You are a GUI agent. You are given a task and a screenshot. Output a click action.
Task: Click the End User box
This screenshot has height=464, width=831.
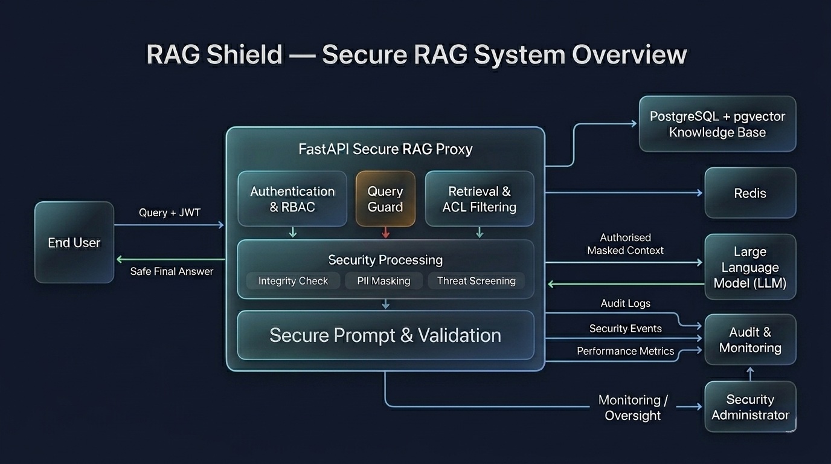74,242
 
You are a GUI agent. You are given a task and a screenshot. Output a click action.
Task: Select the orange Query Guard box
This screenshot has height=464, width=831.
385,199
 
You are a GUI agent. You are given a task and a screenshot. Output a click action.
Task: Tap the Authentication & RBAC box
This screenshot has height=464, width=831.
292,199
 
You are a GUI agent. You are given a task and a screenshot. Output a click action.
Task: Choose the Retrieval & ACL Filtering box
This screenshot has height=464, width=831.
480,199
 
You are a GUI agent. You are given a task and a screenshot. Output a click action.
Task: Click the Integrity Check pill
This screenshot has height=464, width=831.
293,281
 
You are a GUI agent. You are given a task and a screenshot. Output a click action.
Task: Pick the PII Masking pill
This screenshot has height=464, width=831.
383,281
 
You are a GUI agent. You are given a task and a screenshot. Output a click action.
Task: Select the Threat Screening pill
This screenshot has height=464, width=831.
476,281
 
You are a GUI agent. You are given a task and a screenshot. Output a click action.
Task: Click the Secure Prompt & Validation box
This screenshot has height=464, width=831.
385,335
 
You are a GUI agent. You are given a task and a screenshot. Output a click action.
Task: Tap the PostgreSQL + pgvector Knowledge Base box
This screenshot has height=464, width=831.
717,124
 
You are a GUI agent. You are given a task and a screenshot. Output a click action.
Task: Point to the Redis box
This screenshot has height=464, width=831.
750,193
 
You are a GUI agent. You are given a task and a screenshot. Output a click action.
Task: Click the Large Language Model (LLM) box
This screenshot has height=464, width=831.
750,267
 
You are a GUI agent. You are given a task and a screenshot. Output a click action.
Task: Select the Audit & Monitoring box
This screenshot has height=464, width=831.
750,340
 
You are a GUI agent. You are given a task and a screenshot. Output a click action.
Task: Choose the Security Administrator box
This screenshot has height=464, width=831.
750,407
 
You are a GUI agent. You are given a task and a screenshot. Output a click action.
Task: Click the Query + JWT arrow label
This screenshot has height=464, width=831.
170,213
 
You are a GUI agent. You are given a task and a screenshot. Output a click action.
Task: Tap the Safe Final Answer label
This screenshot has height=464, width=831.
172,271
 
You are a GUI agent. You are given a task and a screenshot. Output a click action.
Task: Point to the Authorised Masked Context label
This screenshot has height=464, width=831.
626,244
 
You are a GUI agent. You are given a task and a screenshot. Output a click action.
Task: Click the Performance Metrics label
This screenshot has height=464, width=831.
625,351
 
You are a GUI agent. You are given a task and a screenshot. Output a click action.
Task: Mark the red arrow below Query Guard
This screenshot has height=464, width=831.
386,233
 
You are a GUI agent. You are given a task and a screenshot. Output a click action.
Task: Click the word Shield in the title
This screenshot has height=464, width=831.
244,55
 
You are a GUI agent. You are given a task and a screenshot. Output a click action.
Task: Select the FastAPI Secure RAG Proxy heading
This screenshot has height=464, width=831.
385,149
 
